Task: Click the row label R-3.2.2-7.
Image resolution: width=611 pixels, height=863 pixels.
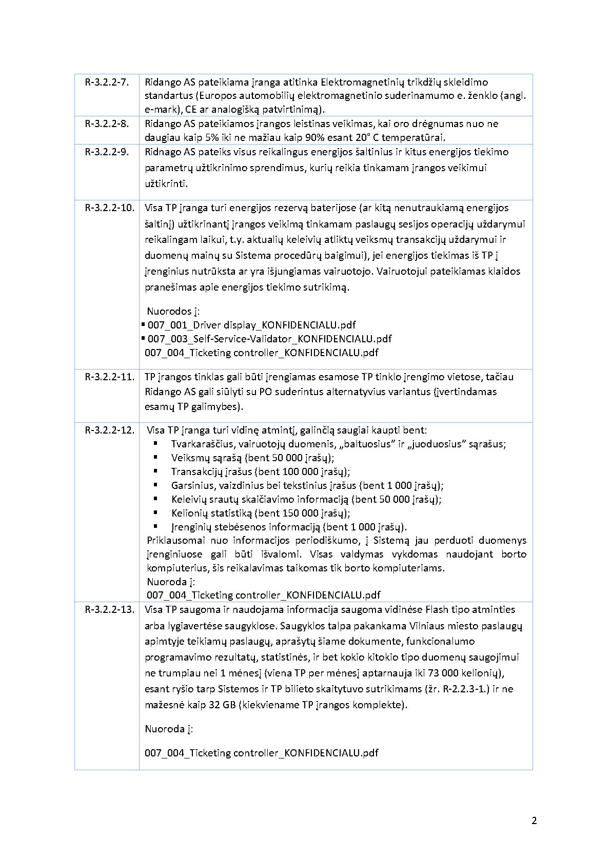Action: tap(107, 82)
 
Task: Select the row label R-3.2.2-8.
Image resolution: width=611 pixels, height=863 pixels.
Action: tap(107, 124)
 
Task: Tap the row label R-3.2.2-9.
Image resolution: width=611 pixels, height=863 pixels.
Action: tap(107, 152)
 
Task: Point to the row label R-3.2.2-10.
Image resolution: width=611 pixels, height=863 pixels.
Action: tap(109, 208)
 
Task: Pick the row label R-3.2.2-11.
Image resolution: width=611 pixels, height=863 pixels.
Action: tap(109, 377)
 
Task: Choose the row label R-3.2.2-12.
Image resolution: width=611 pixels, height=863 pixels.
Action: tap(109, 430)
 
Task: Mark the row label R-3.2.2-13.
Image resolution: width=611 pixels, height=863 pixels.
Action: tap(109, 609)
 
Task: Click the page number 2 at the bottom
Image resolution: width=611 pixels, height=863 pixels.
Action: tap(534, 820)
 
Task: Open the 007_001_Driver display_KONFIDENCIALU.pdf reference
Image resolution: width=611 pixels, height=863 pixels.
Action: tap(251, 325)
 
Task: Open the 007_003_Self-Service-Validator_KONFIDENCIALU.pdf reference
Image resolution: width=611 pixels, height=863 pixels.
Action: tap(269, 339)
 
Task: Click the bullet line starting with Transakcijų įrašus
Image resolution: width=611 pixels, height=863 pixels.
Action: tap(261, 471)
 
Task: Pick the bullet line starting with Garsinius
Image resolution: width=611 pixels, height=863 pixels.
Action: tap(307, 485)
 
